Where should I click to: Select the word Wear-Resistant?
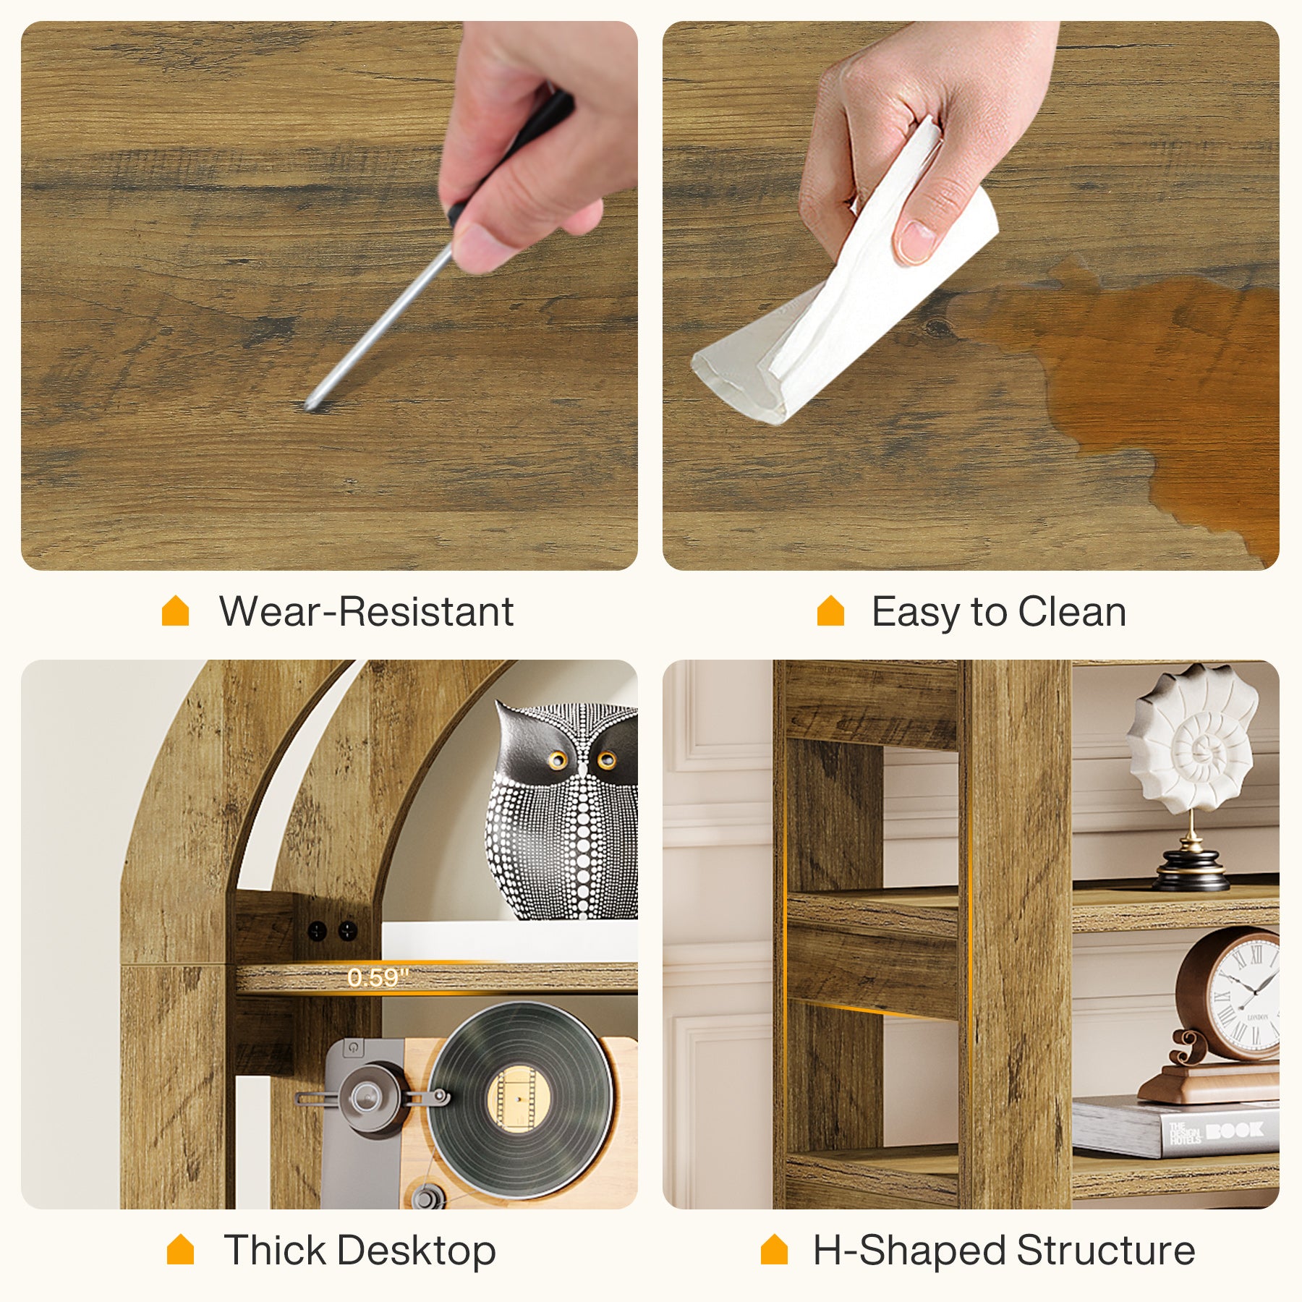point(366,612)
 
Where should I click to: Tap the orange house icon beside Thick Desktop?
point(180,1249)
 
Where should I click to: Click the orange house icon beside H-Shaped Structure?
point(774,1249)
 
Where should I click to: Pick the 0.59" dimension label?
point(378,978)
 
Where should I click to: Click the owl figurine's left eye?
point(557,759)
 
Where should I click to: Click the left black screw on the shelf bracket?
point(317,931)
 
